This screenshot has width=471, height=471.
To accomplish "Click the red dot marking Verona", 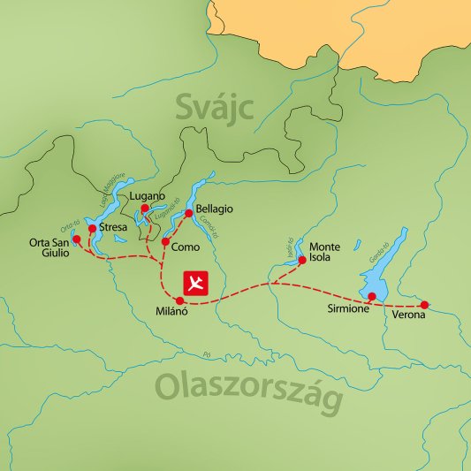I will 424,305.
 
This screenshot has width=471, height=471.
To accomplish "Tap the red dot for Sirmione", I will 372,296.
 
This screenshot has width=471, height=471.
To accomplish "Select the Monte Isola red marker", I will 301,260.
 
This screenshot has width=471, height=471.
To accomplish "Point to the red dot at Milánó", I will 180,300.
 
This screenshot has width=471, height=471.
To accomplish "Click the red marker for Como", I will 165,241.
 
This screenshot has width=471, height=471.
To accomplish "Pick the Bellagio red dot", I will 188,213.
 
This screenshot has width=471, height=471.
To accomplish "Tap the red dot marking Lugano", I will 145,209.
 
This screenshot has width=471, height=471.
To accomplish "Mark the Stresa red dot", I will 92,228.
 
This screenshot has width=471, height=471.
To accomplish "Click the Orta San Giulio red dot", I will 76,239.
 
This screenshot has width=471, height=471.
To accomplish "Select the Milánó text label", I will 173,314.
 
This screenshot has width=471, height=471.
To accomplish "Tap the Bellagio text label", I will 215,209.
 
